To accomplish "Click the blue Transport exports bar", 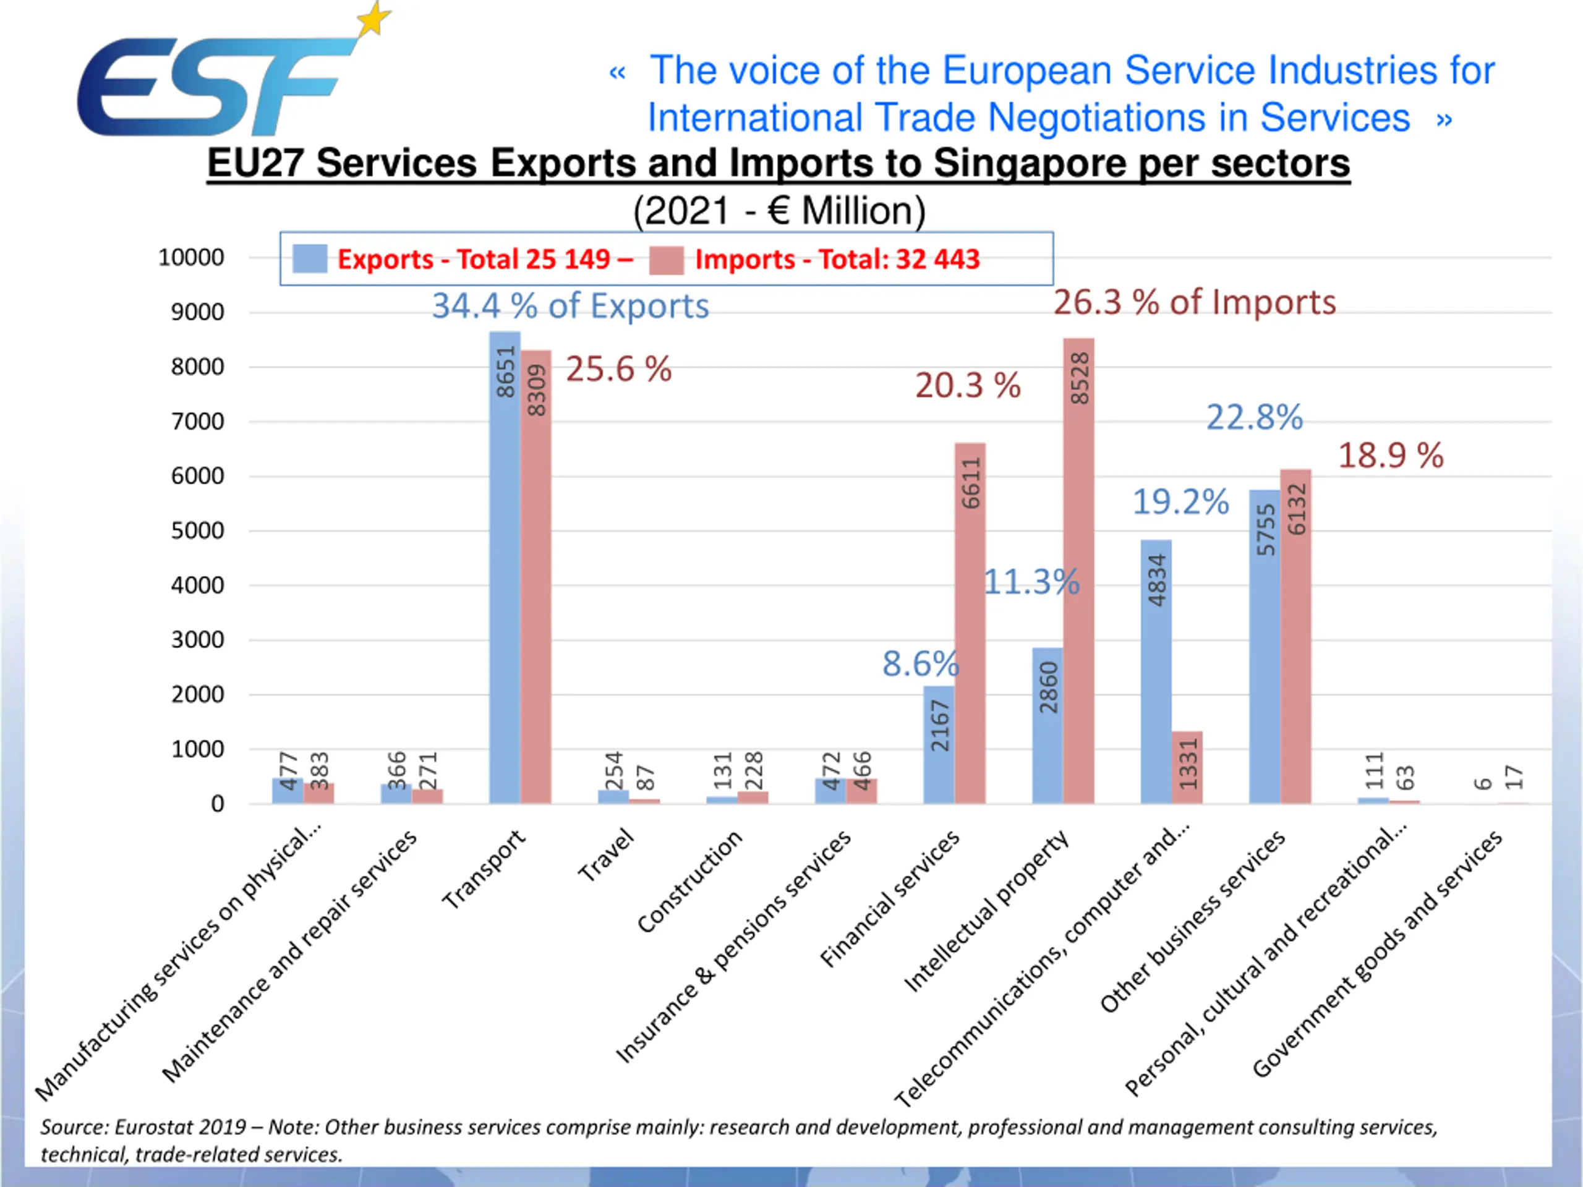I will click(505, 572).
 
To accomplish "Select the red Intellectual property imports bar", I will click(1078, 572).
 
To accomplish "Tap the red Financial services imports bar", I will click(970, 623).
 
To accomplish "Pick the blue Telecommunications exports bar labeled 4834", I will click(1156, 673).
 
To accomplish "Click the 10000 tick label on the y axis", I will click(191, 258).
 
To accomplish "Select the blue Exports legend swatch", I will click(310, 259).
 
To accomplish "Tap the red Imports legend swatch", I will click(666, 260).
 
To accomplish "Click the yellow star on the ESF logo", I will click(374, 19).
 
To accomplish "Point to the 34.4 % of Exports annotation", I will click(570, 306).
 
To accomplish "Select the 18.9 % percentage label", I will click(1391, 456).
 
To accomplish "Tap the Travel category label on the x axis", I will click(607, 855).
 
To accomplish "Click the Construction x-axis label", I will click(690, 882).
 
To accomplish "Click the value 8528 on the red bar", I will click(1079, 378).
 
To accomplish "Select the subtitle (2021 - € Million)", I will click(779, 211).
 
